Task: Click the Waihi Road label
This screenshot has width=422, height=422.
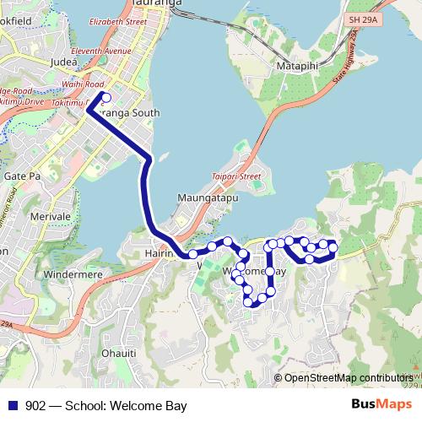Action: (x=83, y=84)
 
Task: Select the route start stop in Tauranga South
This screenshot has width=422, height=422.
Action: (x=106, y=97)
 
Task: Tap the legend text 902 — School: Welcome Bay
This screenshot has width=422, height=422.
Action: (x=105, y=406)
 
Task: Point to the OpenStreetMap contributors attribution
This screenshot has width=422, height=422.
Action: (x=348, y=377)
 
